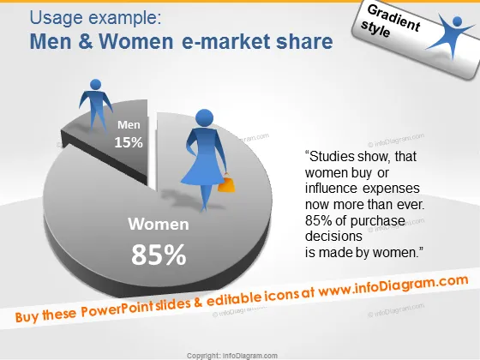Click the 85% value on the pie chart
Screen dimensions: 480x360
coord(159,255)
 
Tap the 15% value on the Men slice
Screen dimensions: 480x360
coord(129,142)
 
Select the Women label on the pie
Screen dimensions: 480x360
coord(159,224)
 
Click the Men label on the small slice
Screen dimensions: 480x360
coord(129,124)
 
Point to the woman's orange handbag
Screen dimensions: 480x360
coord(226,183)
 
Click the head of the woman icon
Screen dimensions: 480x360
coord(205,118)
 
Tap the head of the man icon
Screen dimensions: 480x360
coord(96,85)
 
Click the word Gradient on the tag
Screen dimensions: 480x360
coord(393,18)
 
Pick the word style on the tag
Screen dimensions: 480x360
coord(375,29)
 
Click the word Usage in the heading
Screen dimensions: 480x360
coord(56,18)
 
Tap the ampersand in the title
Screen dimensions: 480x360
coord(86,41)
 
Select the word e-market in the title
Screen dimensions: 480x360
coord(225,42)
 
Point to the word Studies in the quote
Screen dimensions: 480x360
coord(327,156)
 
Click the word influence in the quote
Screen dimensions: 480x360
coord(331,188)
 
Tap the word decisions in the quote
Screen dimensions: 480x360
coord(333,236)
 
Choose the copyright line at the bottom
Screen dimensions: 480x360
coord(232,356)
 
